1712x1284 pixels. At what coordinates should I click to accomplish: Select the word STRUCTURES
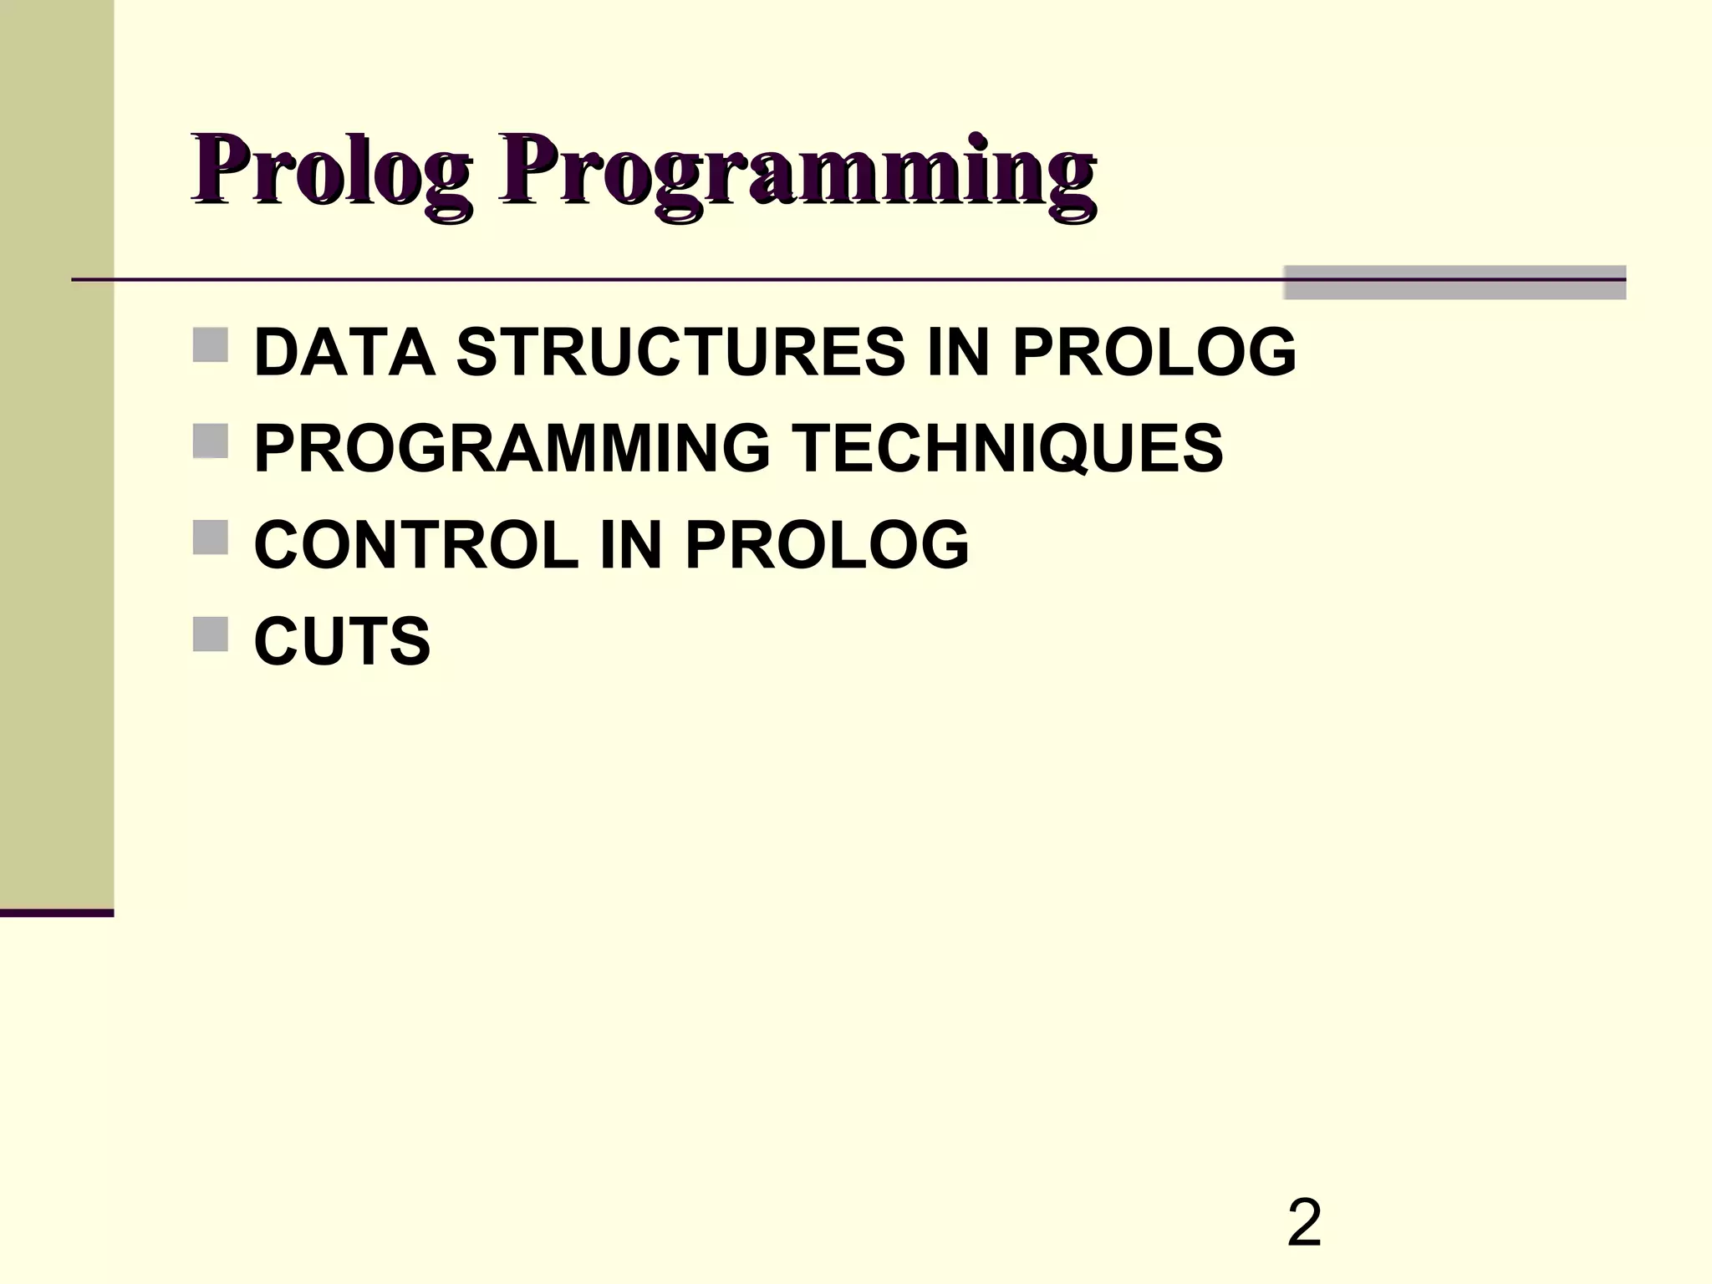[680, 352]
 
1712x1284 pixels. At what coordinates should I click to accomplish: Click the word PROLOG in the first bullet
[1154, 352]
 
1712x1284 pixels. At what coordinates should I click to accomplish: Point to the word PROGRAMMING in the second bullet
[512, 448]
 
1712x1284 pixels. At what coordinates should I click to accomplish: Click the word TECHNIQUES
[1006, 448]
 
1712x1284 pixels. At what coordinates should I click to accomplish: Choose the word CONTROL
[416, 545]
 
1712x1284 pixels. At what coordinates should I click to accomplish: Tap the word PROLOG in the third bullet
[827, 545]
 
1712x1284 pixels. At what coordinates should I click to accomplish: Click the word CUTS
[342, 641]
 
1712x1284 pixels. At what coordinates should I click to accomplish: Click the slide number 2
[1304, 1223]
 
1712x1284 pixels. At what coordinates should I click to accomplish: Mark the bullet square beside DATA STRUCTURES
[210, 344]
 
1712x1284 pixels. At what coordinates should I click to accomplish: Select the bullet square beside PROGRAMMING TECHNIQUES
[210, 441]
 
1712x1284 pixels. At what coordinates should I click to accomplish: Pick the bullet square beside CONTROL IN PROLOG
[210, 538]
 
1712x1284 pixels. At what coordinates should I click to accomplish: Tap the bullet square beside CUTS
[210, 634]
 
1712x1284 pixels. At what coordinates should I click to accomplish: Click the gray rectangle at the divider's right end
[1455, 283]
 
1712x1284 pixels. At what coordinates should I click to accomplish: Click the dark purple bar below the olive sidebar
[57, 913]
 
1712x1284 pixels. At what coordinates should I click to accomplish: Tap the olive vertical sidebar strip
[57, 451]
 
